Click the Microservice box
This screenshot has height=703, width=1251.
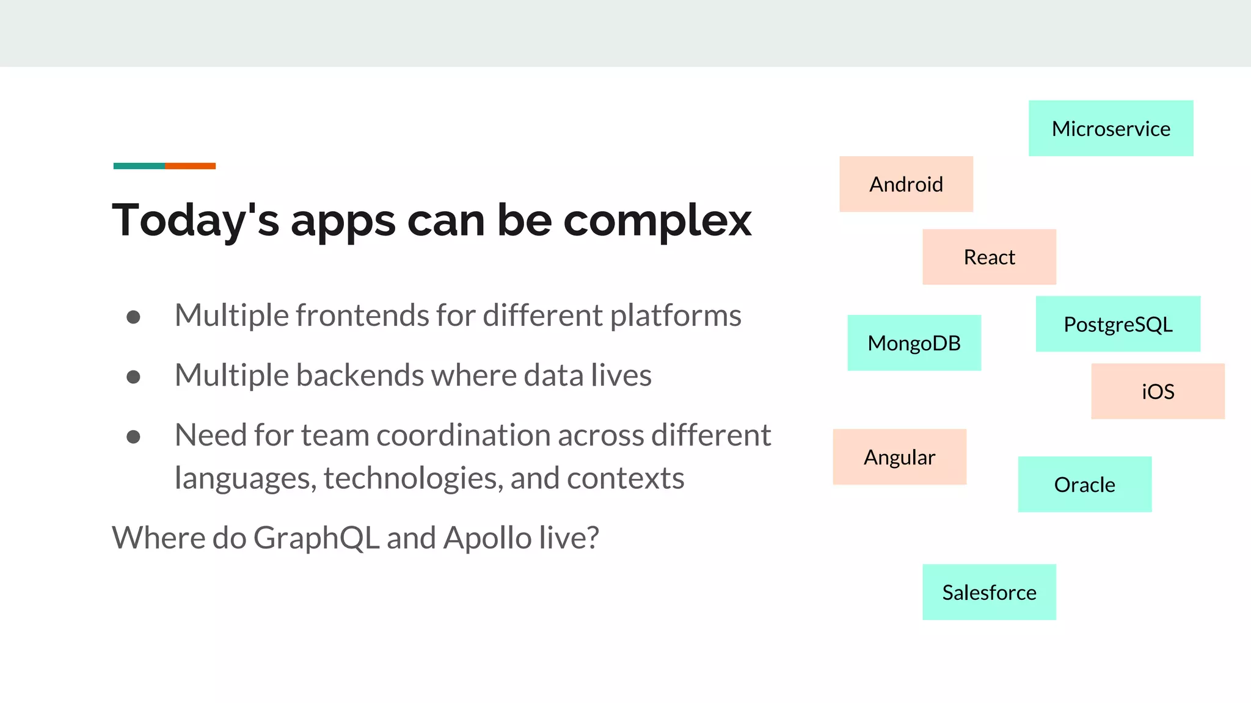1111,128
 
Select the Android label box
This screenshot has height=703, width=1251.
906,184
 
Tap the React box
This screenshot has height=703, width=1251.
989,257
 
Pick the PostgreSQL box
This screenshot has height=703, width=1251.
1118,324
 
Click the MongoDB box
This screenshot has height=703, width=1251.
914,343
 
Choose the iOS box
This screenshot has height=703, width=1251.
1158,391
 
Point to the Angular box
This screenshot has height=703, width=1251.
899,457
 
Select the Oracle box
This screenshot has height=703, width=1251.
1084,485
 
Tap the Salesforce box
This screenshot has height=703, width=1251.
989,592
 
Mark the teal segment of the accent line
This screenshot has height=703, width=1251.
139,166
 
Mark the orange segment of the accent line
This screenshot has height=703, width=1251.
190,166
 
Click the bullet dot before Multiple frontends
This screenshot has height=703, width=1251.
133,317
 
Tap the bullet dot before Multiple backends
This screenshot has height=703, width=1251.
133,377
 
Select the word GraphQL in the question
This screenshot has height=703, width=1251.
316,538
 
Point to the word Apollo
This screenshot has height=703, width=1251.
487,538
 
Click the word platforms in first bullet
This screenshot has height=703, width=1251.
676,316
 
